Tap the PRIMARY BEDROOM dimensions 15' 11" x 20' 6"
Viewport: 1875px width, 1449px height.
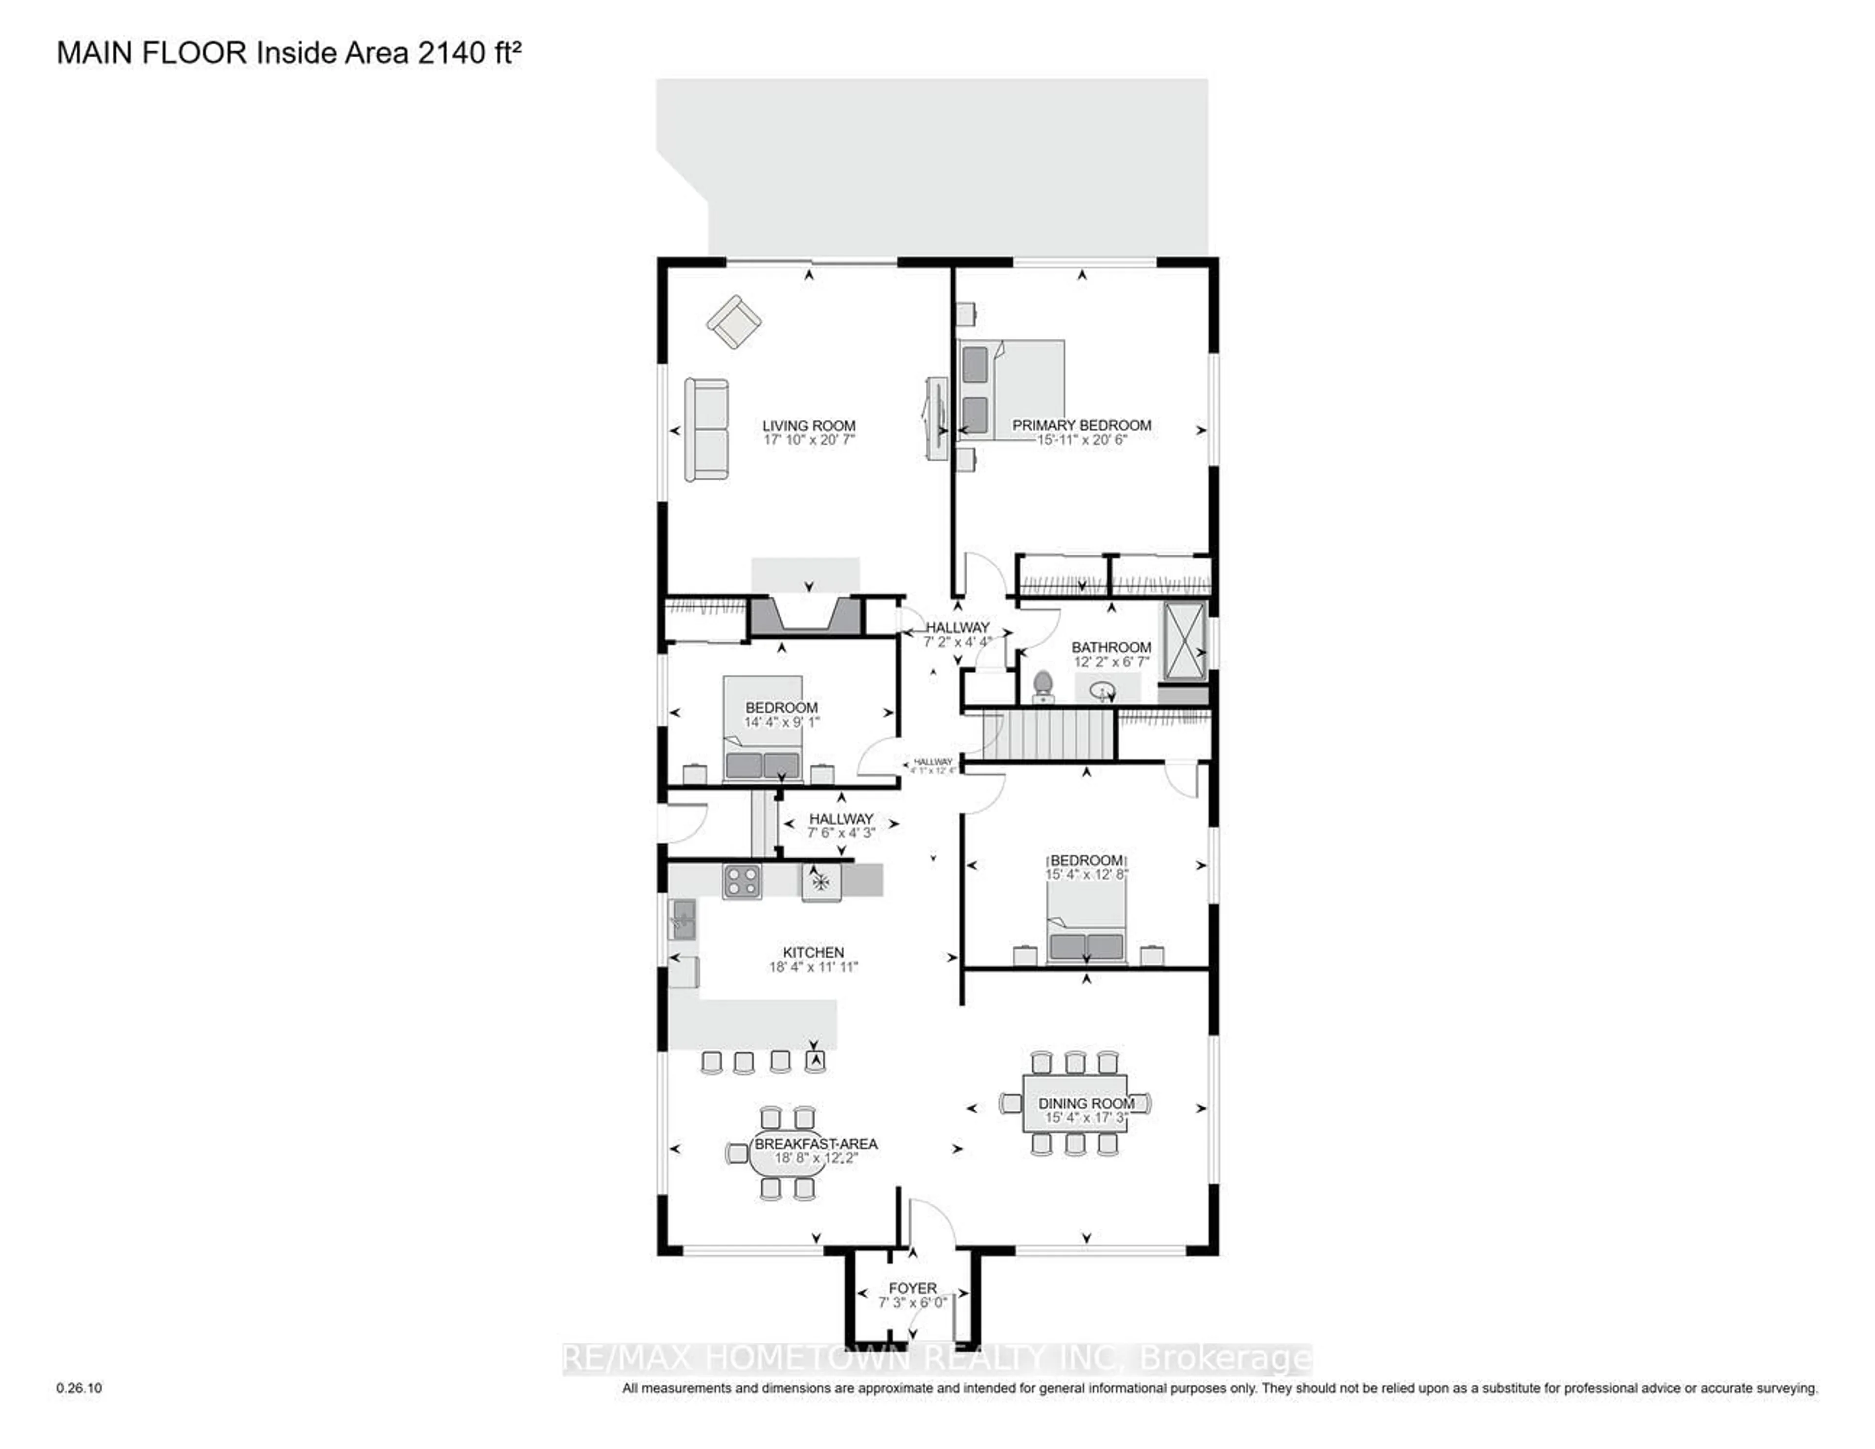pos(1081,439)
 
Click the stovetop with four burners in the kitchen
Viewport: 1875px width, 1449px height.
pos(742,881)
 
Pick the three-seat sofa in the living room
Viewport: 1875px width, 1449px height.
pos(706,429)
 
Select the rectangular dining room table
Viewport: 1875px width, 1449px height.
pos(1075,1103)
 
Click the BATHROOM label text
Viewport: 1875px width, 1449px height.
pos(1111,647)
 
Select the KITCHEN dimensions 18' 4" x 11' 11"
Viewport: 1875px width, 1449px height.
pos(813,967)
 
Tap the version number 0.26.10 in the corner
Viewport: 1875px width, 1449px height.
pos(79,1388)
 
